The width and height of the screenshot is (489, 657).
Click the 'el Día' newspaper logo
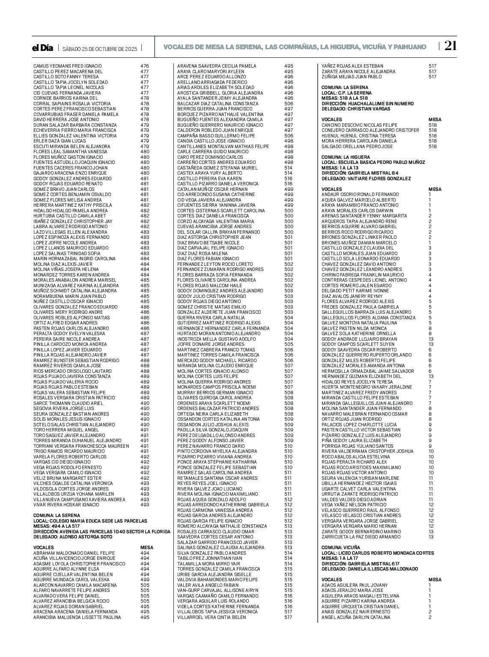tap(43, 48)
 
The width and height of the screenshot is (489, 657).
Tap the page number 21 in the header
tap(450, 46)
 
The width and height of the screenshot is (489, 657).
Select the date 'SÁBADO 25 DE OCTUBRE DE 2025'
tap(100, 49)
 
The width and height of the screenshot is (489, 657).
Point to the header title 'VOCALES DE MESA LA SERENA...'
tap(295, 47)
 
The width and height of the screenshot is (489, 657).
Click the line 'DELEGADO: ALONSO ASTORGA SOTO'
tap(73, 537)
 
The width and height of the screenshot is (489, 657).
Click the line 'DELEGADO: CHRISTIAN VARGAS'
tap(356, 109)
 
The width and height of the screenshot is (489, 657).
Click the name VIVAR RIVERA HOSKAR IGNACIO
tap(66, 505)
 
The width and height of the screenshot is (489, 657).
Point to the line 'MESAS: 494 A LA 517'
tap(56, 526)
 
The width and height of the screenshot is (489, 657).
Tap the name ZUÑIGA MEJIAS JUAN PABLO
tap(351, 77)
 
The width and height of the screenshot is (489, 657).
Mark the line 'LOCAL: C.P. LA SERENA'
tap(346, 93)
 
